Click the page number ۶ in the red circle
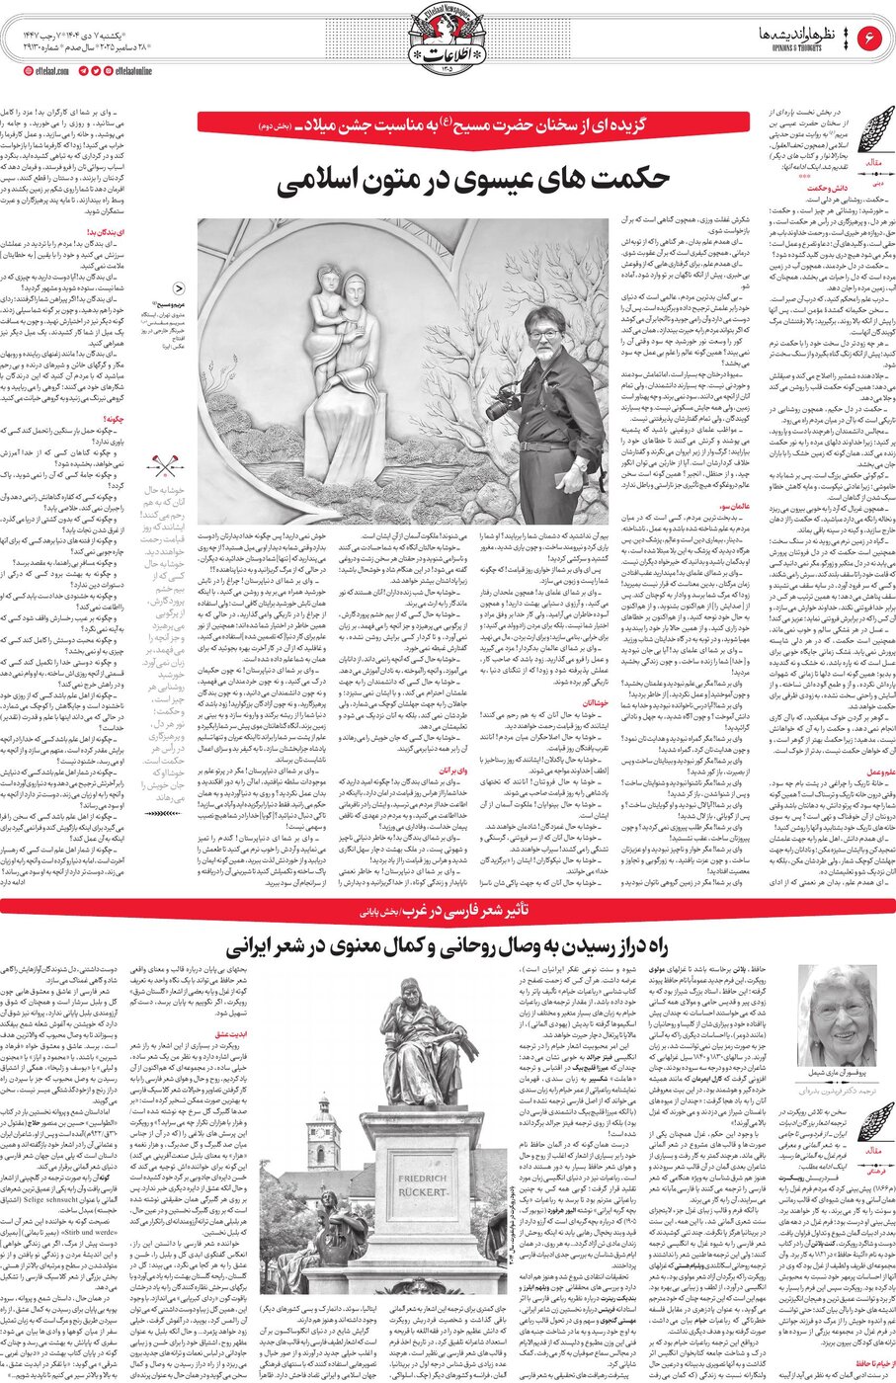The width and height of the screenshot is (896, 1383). coord(872,39)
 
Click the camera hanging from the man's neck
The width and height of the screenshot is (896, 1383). coord(503,402)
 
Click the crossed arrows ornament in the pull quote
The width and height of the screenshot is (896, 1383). coord(164,465)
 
